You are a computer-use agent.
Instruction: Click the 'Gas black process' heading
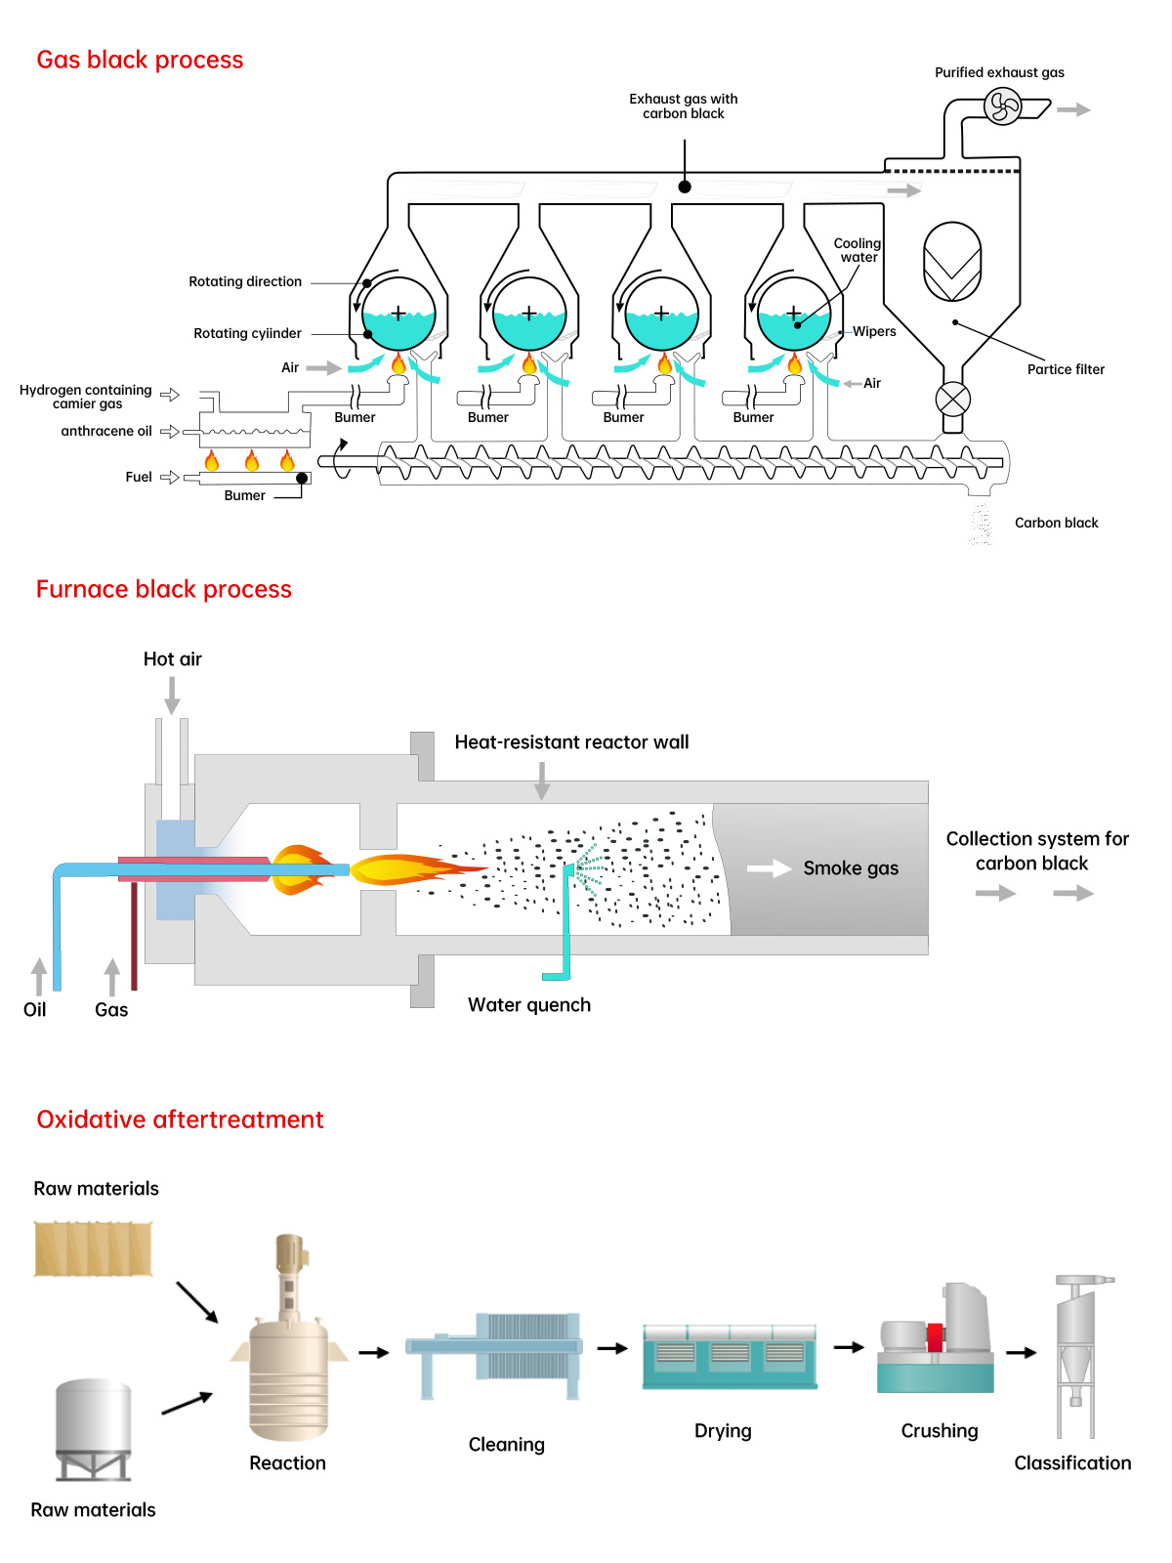click(x=140, y=60)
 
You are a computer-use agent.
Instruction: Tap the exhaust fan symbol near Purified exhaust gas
click(x=1002, y=106)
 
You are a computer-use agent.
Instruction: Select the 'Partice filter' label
click(x=1066, y=369)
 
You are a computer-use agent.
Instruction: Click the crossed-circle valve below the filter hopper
click(x=952, y=399)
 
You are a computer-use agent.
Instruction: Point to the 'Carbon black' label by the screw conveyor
click(x=1056, y=523)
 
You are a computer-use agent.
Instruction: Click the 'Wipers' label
click(x=874, y=331)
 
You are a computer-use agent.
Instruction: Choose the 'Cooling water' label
click(x=858, y=250)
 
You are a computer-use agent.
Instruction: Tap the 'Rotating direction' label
click(x=245, y=281)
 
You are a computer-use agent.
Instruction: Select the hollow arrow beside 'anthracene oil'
click(x=169, y=431)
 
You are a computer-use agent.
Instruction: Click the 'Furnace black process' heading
click(x=164, y=589)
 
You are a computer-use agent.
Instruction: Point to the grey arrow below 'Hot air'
click(x=172, y=695)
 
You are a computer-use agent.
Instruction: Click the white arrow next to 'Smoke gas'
click(x=769, y=868)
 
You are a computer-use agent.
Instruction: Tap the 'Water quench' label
click(x=529, y=1005)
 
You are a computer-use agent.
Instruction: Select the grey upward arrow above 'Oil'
click(x=39, y=975)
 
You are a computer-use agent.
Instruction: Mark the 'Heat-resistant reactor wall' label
click(x=571, y=742)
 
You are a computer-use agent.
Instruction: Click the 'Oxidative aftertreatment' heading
click(x=180, y=1119)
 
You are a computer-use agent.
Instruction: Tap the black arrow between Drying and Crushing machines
click(x=849, y=1347)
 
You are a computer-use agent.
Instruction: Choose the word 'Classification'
click(x=1072, y=1462)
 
